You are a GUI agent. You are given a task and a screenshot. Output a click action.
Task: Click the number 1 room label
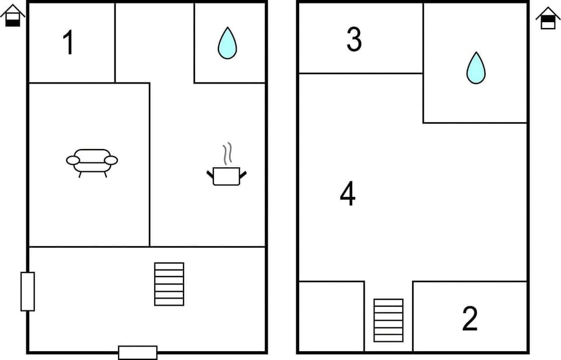(69, 43)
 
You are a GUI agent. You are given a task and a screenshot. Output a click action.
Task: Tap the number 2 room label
(470, 319)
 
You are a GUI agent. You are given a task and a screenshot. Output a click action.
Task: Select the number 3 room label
(354, 40)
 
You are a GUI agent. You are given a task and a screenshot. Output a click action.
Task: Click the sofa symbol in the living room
(92, 161)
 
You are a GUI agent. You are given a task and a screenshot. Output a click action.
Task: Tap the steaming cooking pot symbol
(227, 175)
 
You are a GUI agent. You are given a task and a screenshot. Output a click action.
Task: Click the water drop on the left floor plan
(227, 43)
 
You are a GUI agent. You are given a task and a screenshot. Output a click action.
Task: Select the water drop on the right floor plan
(476, 68)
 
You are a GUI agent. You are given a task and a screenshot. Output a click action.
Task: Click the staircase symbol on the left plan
(169, 284)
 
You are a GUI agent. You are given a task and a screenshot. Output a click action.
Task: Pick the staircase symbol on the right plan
(389, 320)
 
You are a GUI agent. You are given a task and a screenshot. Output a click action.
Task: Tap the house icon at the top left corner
(13, 16)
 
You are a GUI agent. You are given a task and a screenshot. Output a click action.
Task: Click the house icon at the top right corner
(548, 18)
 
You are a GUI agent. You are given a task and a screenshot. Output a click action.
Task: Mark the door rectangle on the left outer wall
(27, 291)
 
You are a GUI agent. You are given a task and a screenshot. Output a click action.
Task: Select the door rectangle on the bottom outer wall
(137, 352)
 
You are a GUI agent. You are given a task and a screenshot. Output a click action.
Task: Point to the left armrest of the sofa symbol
(73, 160)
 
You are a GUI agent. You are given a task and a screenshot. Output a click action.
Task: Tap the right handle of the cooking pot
(243, 174)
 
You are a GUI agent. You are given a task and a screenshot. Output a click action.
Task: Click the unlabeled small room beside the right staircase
(331, 316)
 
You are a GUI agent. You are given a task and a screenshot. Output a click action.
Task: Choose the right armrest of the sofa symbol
(111, 160)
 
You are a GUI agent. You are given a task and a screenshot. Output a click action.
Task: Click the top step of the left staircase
(169, 266)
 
